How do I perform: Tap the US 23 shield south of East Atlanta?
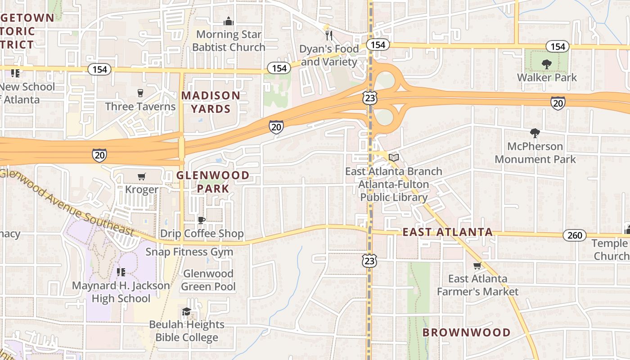click(369, 261)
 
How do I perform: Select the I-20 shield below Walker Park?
click(558, 103)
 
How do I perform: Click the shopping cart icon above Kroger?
click(142, 176)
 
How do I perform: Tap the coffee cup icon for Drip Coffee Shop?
click(202, 220)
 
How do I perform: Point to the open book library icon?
click(394, 157)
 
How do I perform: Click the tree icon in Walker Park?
click(547, 64)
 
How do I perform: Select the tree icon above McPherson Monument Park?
click(535, 133)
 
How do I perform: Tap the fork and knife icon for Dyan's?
click(329, 35)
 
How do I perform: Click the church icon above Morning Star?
click(229, 21)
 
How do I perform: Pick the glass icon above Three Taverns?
click(140, 93)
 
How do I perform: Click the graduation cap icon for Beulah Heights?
click(186, 311)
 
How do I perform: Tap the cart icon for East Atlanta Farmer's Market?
click(477, 265)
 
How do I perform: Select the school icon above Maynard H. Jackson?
click(121, 272)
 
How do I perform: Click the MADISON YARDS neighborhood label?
click(211, 102)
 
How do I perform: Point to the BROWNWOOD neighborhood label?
click(466, 333)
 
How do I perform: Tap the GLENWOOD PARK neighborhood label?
click(213, 182)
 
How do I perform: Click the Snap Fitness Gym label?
click(189, 252)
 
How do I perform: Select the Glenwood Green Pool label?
click(208, 280)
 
